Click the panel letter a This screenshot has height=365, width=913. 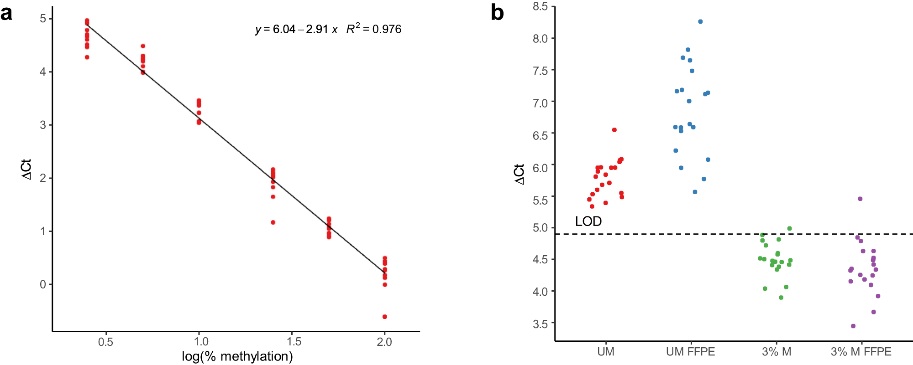[6, 14]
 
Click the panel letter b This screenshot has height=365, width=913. [497, 13]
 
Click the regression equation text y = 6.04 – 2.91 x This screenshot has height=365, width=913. [296, 29]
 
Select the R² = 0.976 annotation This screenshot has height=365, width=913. [374, 29]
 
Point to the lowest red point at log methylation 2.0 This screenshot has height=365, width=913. [385, 317]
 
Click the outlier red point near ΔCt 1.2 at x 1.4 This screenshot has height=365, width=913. [273, 222]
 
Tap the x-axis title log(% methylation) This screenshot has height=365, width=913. [237, 356]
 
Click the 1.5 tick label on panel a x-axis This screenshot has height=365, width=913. [292, 342]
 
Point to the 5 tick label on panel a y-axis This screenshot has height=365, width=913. [43, 19]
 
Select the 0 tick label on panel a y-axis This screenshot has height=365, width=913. [43, 284]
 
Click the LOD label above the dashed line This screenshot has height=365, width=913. [588, 221]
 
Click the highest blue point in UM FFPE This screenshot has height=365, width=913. [700, 21]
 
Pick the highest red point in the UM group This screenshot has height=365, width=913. [614, 130]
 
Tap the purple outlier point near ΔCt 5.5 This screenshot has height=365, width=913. [860, 199]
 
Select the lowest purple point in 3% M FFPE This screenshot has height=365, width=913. [853, 326]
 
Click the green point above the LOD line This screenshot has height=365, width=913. [789, 228]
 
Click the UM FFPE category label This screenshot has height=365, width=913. [690, 352]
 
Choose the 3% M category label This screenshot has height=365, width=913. [777, 352]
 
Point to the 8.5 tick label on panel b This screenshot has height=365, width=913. [540, 6]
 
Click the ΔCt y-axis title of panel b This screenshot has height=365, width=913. [519, 174]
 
